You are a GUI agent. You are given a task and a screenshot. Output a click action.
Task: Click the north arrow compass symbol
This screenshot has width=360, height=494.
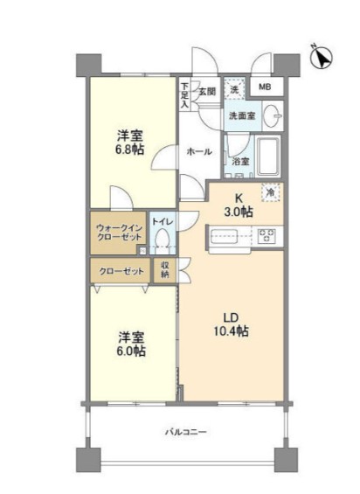[x=321, y=57]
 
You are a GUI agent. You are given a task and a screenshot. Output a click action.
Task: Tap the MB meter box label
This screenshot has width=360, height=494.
[x=265, y=87]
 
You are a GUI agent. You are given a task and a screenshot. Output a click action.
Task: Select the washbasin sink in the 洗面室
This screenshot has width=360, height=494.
[x=271, y=116]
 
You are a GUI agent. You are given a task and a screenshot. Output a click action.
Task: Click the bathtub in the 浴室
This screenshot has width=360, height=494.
[x=268, y=157]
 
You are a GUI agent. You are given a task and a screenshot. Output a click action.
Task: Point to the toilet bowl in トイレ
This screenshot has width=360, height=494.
[x=163, y=240]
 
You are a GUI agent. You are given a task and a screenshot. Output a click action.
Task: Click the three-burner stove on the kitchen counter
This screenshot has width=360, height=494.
[x=267, y=235]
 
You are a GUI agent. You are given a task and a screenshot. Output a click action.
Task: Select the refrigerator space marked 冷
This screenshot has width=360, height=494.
[x=270, y=192]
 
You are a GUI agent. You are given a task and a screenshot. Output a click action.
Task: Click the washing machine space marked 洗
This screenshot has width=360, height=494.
[x=234, y=89]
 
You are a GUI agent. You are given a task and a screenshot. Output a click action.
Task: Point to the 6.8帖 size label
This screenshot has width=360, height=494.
[x=129, y=150]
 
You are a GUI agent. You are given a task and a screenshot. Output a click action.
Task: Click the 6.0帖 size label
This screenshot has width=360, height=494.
[x=131, y=351]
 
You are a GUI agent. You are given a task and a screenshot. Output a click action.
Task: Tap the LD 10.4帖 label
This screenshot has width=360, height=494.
[x=231, y=324]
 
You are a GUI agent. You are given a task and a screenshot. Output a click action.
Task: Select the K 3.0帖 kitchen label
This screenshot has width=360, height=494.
[x=239, y=205]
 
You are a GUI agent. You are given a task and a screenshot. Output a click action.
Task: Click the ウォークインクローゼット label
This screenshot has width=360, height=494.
[x=119, y=233]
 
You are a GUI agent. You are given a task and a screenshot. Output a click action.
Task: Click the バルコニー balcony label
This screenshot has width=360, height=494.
[x=186, y=432]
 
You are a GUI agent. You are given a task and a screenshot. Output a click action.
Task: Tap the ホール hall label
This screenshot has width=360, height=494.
[x=199, y=152]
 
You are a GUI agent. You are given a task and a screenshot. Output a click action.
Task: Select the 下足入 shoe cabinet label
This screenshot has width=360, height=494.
[x=185, y=95]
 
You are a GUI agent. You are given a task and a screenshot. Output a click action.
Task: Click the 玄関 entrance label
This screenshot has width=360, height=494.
[x=207, y=92]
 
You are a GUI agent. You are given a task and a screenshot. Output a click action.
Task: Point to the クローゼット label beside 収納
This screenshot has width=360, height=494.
[x=121, y=271]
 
